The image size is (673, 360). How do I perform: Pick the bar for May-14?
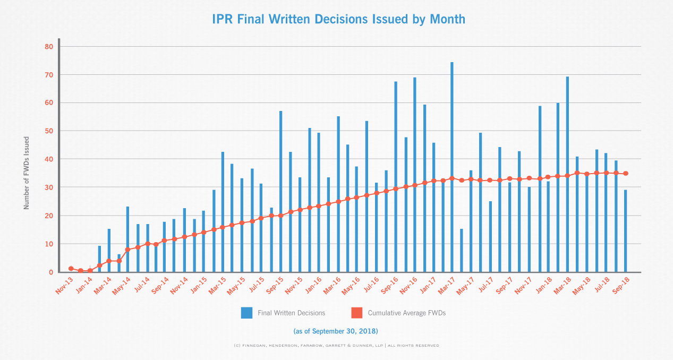click(127, 239)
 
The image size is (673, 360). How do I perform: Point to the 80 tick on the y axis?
click(49, 47)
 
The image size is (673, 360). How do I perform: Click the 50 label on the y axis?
click(49, 131)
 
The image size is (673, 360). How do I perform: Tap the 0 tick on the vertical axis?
click(50, 272)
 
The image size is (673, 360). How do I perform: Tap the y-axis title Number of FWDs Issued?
click(26, 173)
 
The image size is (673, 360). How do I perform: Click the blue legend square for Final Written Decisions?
click(246, 313)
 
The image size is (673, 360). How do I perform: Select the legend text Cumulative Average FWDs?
click(406, 313)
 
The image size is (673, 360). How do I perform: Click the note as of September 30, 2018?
click(336, 331)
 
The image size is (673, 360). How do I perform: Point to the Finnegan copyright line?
click(336, 346)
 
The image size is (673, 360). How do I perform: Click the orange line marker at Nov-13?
click(71, 269)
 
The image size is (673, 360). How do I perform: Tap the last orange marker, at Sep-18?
click(625, 174)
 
